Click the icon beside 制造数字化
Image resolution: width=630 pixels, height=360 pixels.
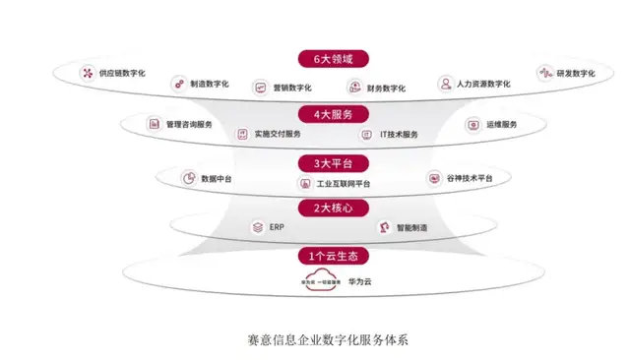pyautogui.click(x=178, y=84)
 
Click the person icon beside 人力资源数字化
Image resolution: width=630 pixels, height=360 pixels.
pyautogui.click(x=445, y=84)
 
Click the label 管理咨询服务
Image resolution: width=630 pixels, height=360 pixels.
pyautogui.click(x=190, y=125)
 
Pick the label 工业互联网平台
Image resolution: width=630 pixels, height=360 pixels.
pyautogui.click(x=341, y=184)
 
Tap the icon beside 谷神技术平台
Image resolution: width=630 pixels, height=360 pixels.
pyautogui.click(x=434, y=178)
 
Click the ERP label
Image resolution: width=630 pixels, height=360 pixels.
pyautogui.click(x=277, y=227)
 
